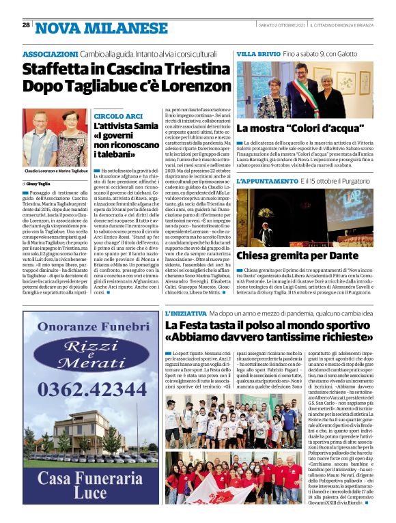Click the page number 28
[x=26, y=25]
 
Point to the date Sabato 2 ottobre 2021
[x=281, y=25]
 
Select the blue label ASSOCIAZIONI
[x=50, y=53]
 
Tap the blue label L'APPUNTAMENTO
[x=267, y=181]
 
